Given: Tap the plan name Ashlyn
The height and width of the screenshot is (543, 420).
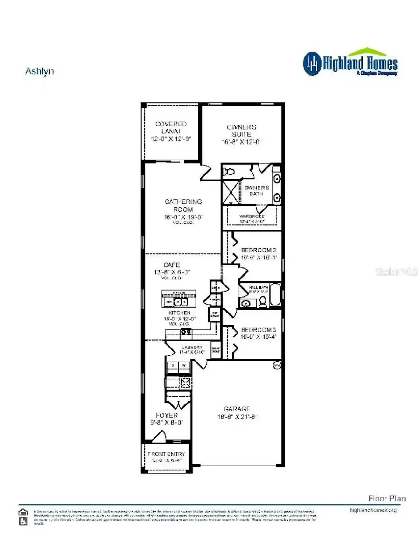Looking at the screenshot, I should point(39,71).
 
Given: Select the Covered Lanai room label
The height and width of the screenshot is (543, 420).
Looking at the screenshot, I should point(171,127).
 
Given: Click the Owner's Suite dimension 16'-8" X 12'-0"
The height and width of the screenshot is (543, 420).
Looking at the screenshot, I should point(241,142).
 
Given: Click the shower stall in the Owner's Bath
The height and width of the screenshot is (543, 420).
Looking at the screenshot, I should point(230,192).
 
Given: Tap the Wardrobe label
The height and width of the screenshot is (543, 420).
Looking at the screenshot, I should point(252,216).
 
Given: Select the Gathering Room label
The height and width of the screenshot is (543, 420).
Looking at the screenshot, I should point(183,205).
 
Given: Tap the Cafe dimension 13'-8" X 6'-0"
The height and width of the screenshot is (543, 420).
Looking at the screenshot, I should point(172,272).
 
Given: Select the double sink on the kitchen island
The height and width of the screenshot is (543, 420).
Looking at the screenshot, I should point(180,302).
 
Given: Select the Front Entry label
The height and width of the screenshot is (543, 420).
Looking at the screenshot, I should point(166,454).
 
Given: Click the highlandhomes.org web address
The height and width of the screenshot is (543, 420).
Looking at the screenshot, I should point(373,510).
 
